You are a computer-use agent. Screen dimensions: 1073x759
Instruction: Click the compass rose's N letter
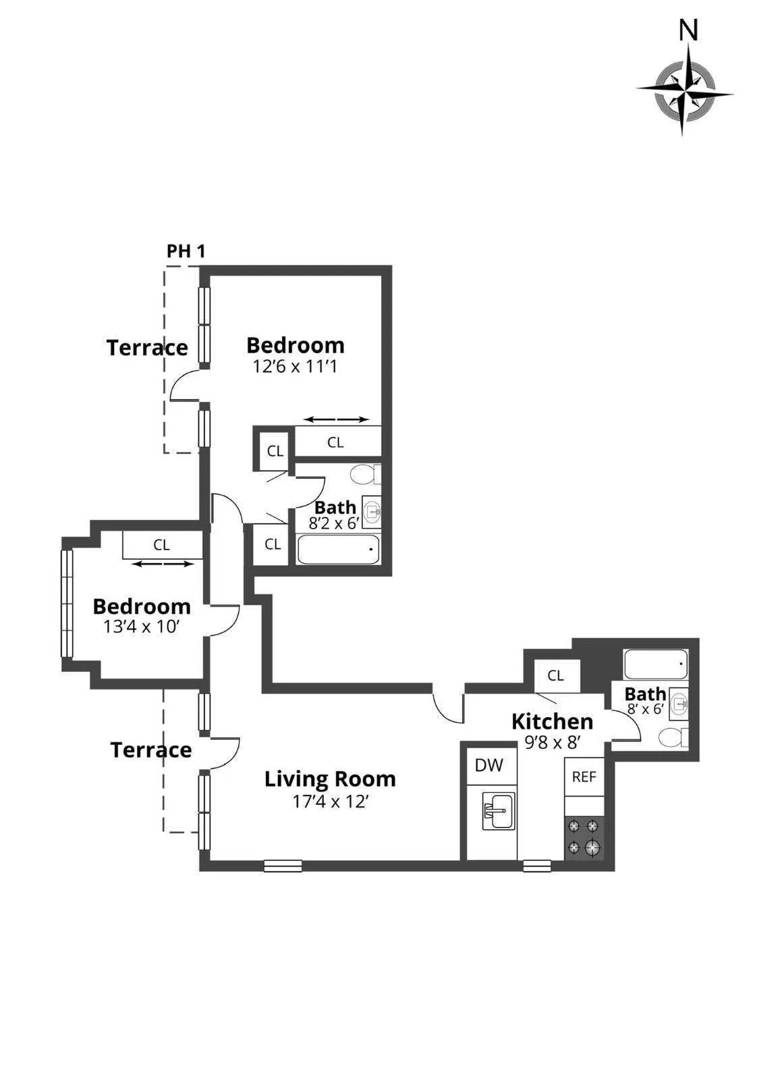pos(687,30)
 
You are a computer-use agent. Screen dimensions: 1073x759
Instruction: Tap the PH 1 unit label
pos(186,251)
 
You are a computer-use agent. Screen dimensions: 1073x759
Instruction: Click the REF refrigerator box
pos(584,777)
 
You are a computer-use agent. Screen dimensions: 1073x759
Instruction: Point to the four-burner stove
pos(584,838)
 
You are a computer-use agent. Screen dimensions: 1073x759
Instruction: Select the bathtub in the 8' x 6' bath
pos(655,664)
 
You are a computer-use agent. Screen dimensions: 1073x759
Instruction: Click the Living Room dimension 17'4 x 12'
pos(330,802)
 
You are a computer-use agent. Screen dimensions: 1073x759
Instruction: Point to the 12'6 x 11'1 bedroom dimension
pos(295,367)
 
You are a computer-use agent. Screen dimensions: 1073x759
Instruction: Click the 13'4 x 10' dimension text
pos(141,626)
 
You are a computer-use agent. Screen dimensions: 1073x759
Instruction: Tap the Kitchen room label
pos(552,721)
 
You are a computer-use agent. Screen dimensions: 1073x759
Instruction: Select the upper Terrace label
pos(147,348)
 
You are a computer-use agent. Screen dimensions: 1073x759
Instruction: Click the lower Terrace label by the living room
pos(151,750)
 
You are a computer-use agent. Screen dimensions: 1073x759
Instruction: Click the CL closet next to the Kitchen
pos(556,676)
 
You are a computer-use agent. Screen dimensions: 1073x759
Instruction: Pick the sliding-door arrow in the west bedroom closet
pos(161,563)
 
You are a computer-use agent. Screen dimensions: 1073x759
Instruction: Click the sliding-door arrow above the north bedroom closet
pos(335,419)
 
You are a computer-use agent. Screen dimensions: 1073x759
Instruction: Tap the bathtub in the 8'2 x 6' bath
pos(337,550)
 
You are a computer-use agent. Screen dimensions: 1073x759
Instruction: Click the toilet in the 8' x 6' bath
pos(671,737)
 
